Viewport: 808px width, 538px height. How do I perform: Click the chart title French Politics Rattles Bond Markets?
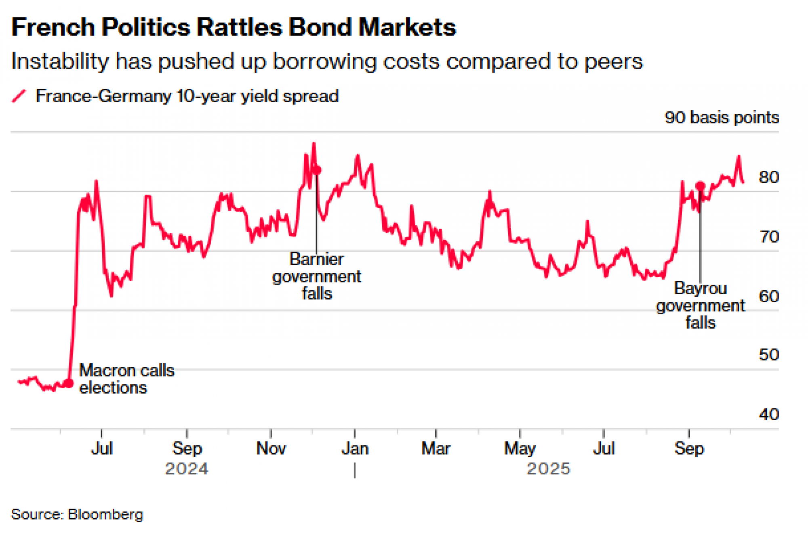tap(234, 27)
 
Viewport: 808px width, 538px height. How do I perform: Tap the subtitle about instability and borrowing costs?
tap(326, 61)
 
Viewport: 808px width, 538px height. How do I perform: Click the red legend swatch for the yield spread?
tap(19, 96)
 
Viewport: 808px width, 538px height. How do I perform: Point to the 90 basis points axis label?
tap(722, 117)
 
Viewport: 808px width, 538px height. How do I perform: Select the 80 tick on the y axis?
tap(769, 177)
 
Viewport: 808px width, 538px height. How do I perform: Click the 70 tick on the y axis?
tap(769, 237)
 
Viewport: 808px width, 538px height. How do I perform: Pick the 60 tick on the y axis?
tap(769, 296)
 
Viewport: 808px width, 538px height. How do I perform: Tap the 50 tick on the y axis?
tap(769, 355)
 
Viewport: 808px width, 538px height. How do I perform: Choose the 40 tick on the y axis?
tap(769, 414)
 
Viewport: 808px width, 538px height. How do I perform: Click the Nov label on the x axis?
tap(271, 448)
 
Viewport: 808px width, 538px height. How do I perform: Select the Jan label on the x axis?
tap(355, 448)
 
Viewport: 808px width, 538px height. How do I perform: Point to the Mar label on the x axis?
tap(436, 448)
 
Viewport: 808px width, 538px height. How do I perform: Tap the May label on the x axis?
tap(520, 448)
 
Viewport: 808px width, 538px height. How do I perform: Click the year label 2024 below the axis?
tap(187, 469)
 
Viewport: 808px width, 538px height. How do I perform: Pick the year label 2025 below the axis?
tap(548, 469)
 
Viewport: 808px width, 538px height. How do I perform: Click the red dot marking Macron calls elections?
tap(69, 383)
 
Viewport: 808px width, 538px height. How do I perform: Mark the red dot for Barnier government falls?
tap(317, 170)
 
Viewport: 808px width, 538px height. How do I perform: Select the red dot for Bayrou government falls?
tap(700, 186)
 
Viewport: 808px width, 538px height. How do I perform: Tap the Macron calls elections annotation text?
tap(126, 379)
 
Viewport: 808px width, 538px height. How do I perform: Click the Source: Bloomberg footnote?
tap(77, 515)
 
